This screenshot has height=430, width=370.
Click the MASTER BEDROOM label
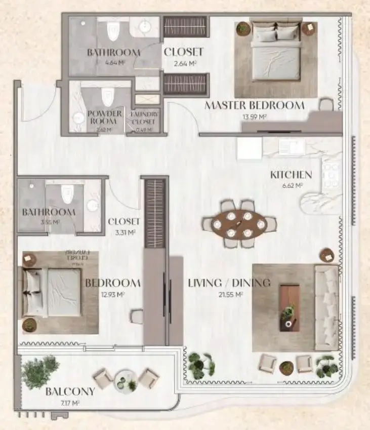click(x=254, y=105)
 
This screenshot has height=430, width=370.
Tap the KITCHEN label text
click(x=291, y=175)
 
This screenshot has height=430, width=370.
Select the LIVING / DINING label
click(x=222, y=283)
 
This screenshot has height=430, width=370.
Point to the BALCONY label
click(x=70, y=392)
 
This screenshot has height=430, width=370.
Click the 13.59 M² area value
click(x=255, y=116)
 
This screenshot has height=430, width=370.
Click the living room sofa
click(x=326, y=307)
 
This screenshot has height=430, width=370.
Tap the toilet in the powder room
click(x=108, y=96)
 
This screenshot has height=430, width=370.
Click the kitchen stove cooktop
click(x=332, y=175)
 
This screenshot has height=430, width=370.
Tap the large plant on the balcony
click(x=40, y=371)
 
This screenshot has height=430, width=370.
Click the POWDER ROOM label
click(x=104, y=118)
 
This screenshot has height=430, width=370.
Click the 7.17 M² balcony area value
click(x=70, y=403)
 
